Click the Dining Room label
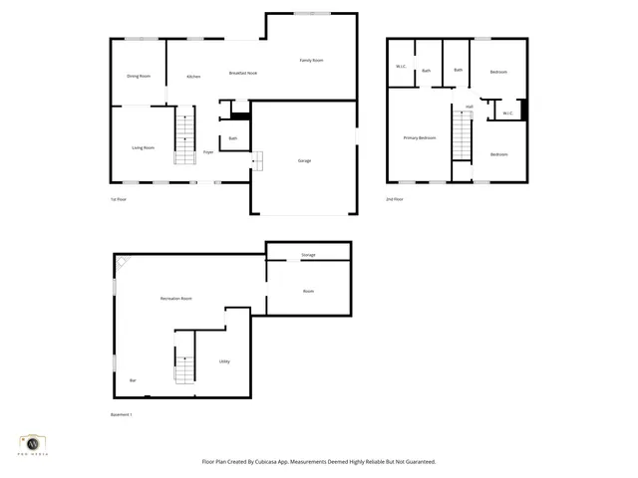(139, 76)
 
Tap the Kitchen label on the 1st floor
(193, 77)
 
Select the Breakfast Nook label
(243, 74)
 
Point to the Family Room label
(311, 61)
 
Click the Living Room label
(143, 147)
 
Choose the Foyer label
(208, 152)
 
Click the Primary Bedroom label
(420, 137)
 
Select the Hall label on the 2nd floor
(469, 107)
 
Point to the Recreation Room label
(175, 299)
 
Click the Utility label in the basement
(224, 361)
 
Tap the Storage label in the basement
(308, 256)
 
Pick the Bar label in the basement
(133, 380)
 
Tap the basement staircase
(185, 368)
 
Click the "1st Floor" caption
(118, 199)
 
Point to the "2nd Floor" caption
(395, 199)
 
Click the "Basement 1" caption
(121, 414)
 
